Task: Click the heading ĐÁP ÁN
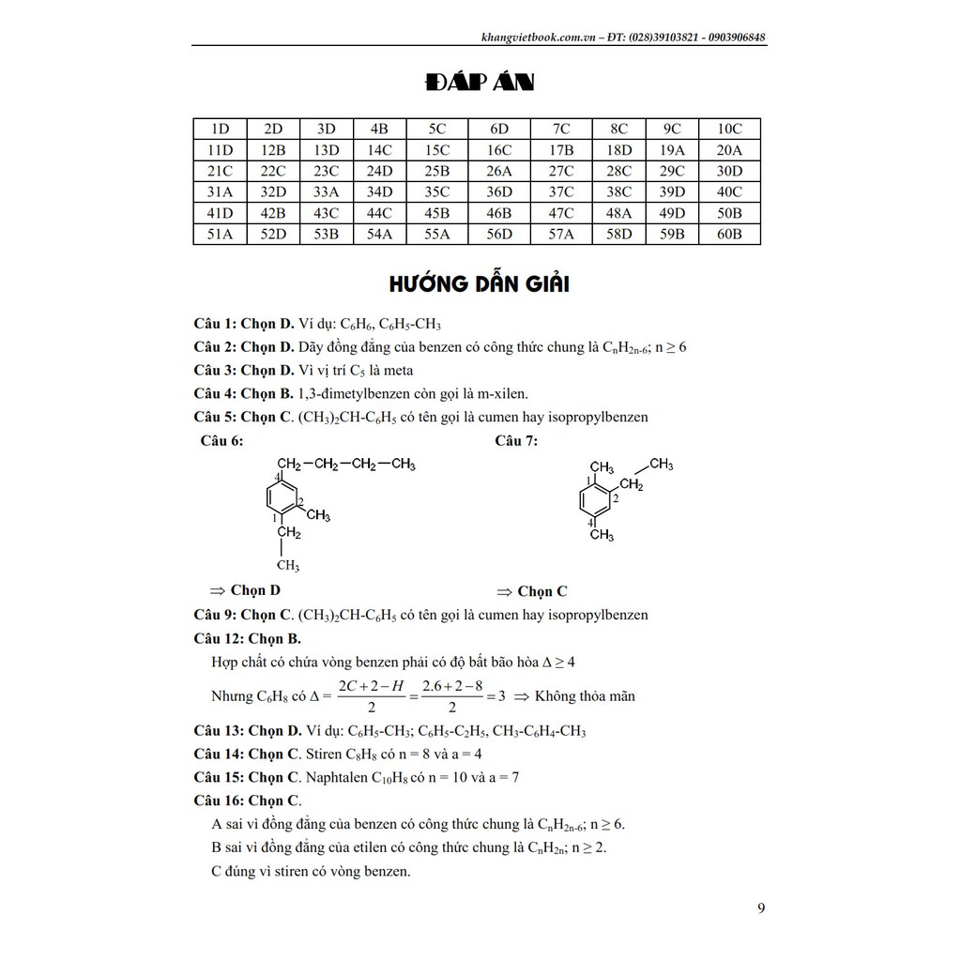pos(479,85)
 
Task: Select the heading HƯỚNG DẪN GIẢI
pos(479,283)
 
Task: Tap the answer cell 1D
pos(220,130)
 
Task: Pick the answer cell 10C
pos(729,130)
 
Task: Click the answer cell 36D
pos(499,192)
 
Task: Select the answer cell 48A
pos(619,213)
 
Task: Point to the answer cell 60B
pos(729,234)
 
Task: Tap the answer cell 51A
pos(220,234)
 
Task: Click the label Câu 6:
pos(221,440)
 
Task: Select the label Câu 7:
pos(516,440)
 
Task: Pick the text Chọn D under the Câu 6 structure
pos(255,590)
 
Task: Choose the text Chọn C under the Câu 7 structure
pos(542,591)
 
